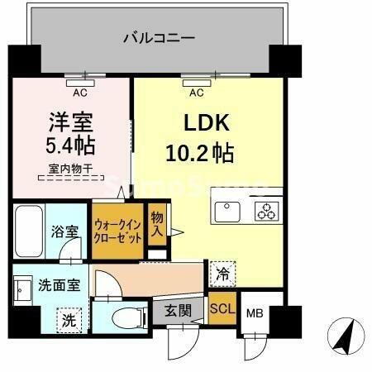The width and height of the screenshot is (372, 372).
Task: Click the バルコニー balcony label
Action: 159,38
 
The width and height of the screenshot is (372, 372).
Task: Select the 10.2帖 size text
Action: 200,153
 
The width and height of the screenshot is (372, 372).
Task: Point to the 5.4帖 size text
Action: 70,146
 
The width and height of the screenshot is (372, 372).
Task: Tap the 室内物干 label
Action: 70,170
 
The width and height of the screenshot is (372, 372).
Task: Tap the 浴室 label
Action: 65,232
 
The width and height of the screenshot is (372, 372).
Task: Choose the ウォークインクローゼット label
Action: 118,230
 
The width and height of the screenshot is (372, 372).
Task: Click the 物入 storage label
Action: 157,223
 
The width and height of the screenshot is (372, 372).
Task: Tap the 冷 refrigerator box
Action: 222,270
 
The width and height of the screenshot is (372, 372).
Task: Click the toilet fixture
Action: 120,317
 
